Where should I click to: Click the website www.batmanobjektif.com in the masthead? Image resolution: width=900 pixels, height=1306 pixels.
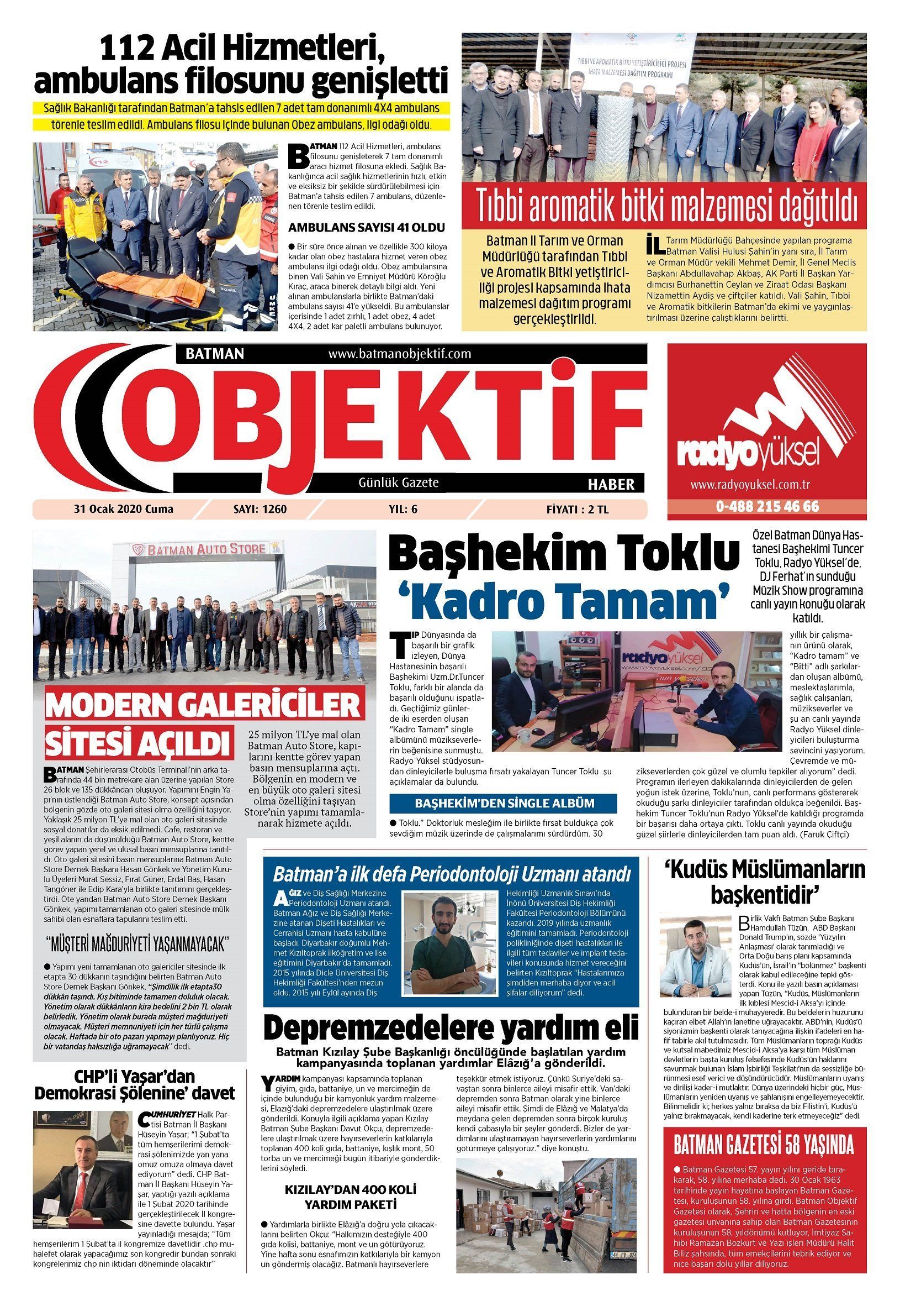click(399, 354)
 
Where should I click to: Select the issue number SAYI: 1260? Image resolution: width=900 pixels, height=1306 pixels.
click(260, 509)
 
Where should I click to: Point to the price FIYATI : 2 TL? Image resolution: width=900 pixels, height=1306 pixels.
click(578, 509)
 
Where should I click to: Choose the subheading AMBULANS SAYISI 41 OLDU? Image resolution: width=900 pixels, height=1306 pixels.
click(367, 228)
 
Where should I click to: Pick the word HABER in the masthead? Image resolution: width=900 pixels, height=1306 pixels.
click(611, 484)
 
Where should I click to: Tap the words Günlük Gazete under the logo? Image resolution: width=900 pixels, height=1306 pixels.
click(399, 482)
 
